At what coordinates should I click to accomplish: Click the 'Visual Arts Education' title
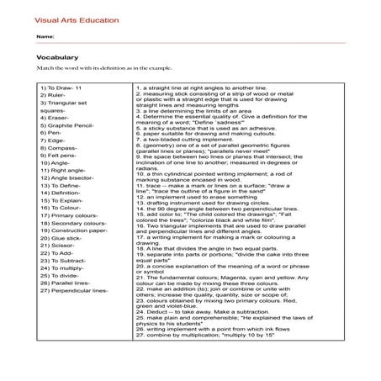pos(70,18)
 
